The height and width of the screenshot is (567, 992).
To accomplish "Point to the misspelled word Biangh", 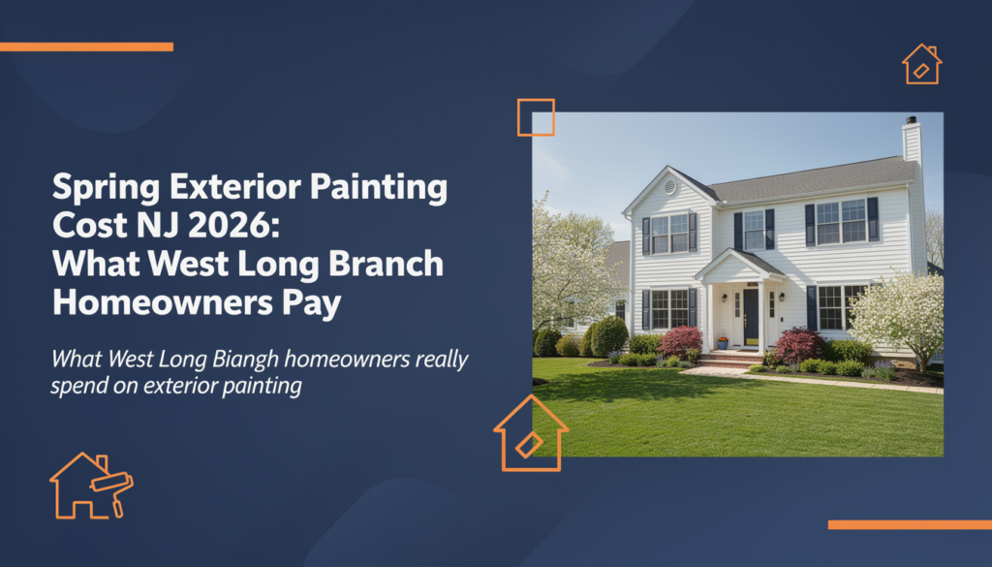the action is click(245, 361).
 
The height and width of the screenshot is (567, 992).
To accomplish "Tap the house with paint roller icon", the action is click(92, 486).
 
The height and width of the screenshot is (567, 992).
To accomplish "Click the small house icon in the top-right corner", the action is click(922, 64).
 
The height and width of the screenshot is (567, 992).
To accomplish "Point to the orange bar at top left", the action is click(86, 47).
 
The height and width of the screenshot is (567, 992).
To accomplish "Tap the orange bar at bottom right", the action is click(910, 524).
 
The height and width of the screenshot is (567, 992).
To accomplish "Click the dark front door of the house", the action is click(751, 317).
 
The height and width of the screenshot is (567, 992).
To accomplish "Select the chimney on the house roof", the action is click(912, 140).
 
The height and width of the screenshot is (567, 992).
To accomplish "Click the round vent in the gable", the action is click(670, 187).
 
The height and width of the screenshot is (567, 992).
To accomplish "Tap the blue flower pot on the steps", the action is click(723, 344).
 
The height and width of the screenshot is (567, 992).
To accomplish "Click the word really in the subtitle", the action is click(442, 361).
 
